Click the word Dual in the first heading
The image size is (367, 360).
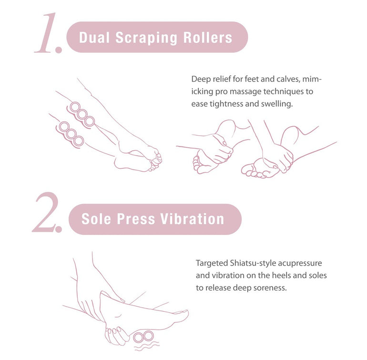[94, 38]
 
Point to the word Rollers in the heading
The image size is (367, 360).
[208, 38]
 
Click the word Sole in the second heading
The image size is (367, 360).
[96, 219]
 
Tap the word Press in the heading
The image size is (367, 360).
[136, 219]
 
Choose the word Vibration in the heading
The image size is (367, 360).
[192, 219]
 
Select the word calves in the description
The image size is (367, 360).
[288, 80]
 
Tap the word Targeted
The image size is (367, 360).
[212, 263]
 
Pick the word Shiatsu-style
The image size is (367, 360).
[253, 263]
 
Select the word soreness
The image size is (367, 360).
[270, 288]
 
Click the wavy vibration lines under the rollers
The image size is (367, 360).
[146, 346]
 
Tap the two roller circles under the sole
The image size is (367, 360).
[143, 337]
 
